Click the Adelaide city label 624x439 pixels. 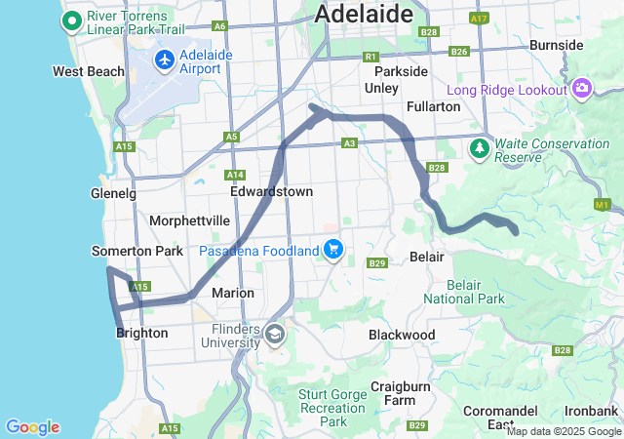[x=361, y=14]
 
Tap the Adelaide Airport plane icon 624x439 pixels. [x=164, y=60]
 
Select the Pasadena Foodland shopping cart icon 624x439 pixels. [x=333, y=250]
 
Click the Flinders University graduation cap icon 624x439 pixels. [x=275, y=335]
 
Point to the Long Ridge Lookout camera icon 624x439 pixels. [x=582, y=89]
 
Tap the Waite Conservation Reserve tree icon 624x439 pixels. [x=480, y=148]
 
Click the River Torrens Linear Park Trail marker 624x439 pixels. [x=72, y=20]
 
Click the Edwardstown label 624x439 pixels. [x=271, y=191]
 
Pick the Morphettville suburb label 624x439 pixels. [x=189, y=220]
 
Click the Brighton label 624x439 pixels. [x=141, y=333]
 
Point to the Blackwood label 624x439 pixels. [x=402, y=335]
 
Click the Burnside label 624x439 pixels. [x=556, y=45]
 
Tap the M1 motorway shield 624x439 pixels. [x=602, y=205]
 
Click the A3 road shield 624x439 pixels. [x=349, y=143]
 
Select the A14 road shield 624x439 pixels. [x=235, y=175]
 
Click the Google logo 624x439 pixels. [x=32, y=427]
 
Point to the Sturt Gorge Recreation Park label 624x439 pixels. [x=333, y=408]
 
